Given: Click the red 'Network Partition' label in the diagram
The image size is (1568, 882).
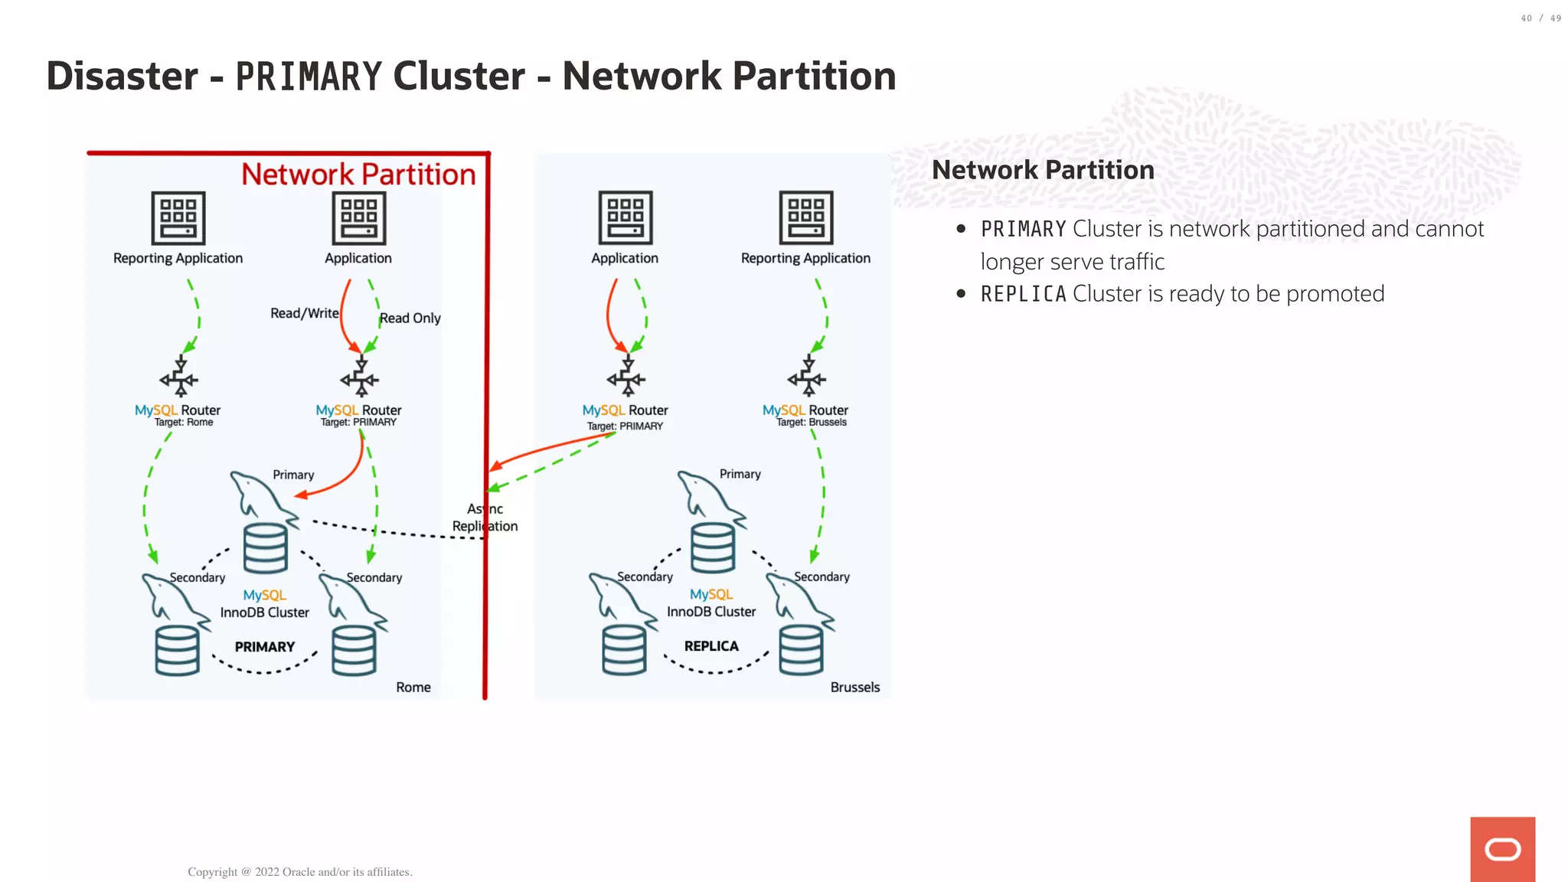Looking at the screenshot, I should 358,175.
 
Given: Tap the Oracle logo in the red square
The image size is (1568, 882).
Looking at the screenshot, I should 1502,849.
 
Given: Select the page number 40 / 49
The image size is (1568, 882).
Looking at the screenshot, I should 1540,18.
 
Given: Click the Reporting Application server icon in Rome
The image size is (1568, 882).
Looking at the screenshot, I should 178,218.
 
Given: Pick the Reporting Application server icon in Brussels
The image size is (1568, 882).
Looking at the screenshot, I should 805,217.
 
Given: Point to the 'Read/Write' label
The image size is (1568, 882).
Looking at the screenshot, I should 304,313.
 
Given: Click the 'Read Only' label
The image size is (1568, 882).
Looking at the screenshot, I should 410,318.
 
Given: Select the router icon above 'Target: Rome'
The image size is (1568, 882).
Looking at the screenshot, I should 179,377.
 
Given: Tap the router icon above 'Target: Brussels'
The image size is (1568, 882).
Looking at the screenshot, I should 807,377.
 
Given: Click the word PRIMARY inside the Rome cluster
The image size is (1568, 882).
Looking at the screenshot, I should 264,647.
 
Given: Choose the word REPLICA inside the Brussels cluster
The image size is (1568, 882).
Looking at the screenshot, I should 711,646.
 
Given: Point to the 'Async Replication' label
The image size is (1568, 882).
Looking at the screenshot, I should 485,518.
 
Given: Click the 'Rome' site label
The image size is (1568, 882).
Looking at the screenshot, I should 413,688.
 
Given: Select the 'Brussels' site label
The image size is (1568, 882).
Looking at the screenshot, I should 854,688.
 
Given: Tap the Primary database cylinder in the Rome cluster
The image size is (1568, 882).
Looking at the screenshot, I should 266,548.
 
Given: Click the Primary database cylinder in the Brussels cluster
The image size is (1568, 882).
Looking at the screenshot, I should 713,547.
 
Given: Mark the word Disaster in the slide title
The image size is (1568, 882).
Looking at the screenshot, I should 122,77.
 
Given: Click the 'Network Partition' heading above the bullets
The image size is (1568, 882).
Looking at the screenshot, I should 1043,170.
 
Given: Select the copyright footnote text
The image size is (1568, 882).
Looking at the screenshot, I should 300,872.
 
